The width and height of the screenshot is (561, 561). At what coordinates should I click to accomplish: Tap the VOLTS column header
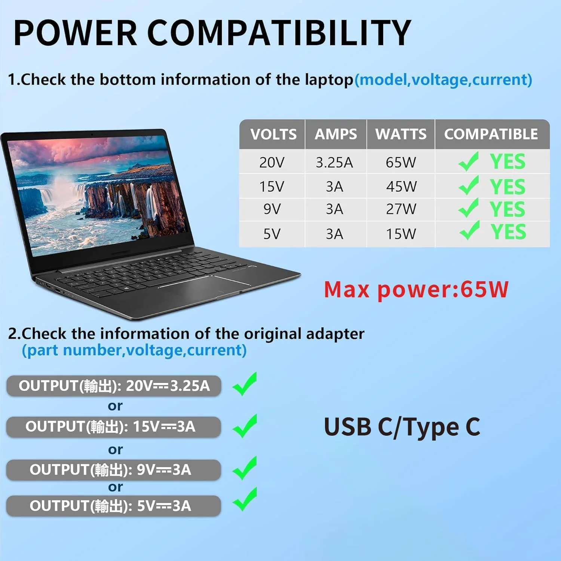(x=273, y=134)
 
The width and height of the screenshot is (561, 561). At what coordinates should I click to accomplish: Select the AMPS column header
(x=335, y=134)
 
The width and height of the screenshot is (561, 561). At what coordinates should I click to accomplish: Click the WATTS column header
(x=401, y=134)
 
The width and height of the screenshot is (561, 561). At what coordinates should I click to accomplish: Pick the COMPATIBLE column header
(x=491, y=134)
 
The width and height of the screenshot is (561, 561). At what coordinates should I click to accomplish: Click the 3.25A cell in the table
(x=334, y=162)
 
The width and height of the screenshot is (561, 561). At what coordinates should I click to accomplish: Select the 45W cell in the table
(x=401, y=186)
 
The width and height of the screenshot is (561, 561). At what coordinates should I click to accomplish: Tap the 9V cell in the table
(x=272, y=209)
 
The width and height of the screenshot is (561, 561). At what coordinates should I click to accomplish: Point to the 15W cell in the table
(x=401, y=234)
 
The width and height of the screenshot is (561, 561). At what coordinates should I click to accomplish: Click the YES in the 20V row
(x=508, y=162)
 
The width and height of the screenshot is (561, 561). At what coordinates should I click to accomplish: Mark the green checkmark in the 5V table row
(x=469, y=230)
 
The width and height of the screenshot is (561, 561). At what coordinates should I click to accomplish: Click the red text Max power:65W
(x=416, y=289)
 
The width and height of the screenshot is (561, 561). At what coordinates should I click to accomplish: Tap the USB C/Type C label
(x=402, y=427)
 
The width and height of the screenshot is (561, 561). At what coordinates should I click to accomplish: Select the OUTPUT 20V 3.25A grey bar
(x=114, y=386)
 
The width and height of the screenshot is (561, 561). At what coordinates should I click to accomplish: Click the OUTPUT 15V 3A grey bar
(x=113, y=427)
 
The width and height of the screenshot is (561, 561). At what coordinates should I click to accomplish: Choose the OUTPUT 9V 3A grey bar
(x=113, y=470)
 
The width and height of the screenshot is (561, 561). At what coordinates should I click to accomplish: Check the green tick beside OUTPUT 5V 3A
(x=245, y=499)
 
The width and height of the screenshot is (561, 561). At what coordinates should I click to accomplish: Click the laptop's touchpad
(x=204, y=287)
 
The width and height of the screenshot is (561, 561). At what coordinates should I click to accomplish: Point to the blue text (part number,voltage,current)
(x=134, y=350)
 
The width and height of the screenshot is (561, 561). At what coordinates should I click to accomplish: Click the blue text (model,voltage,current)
(x=443, y=80)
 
